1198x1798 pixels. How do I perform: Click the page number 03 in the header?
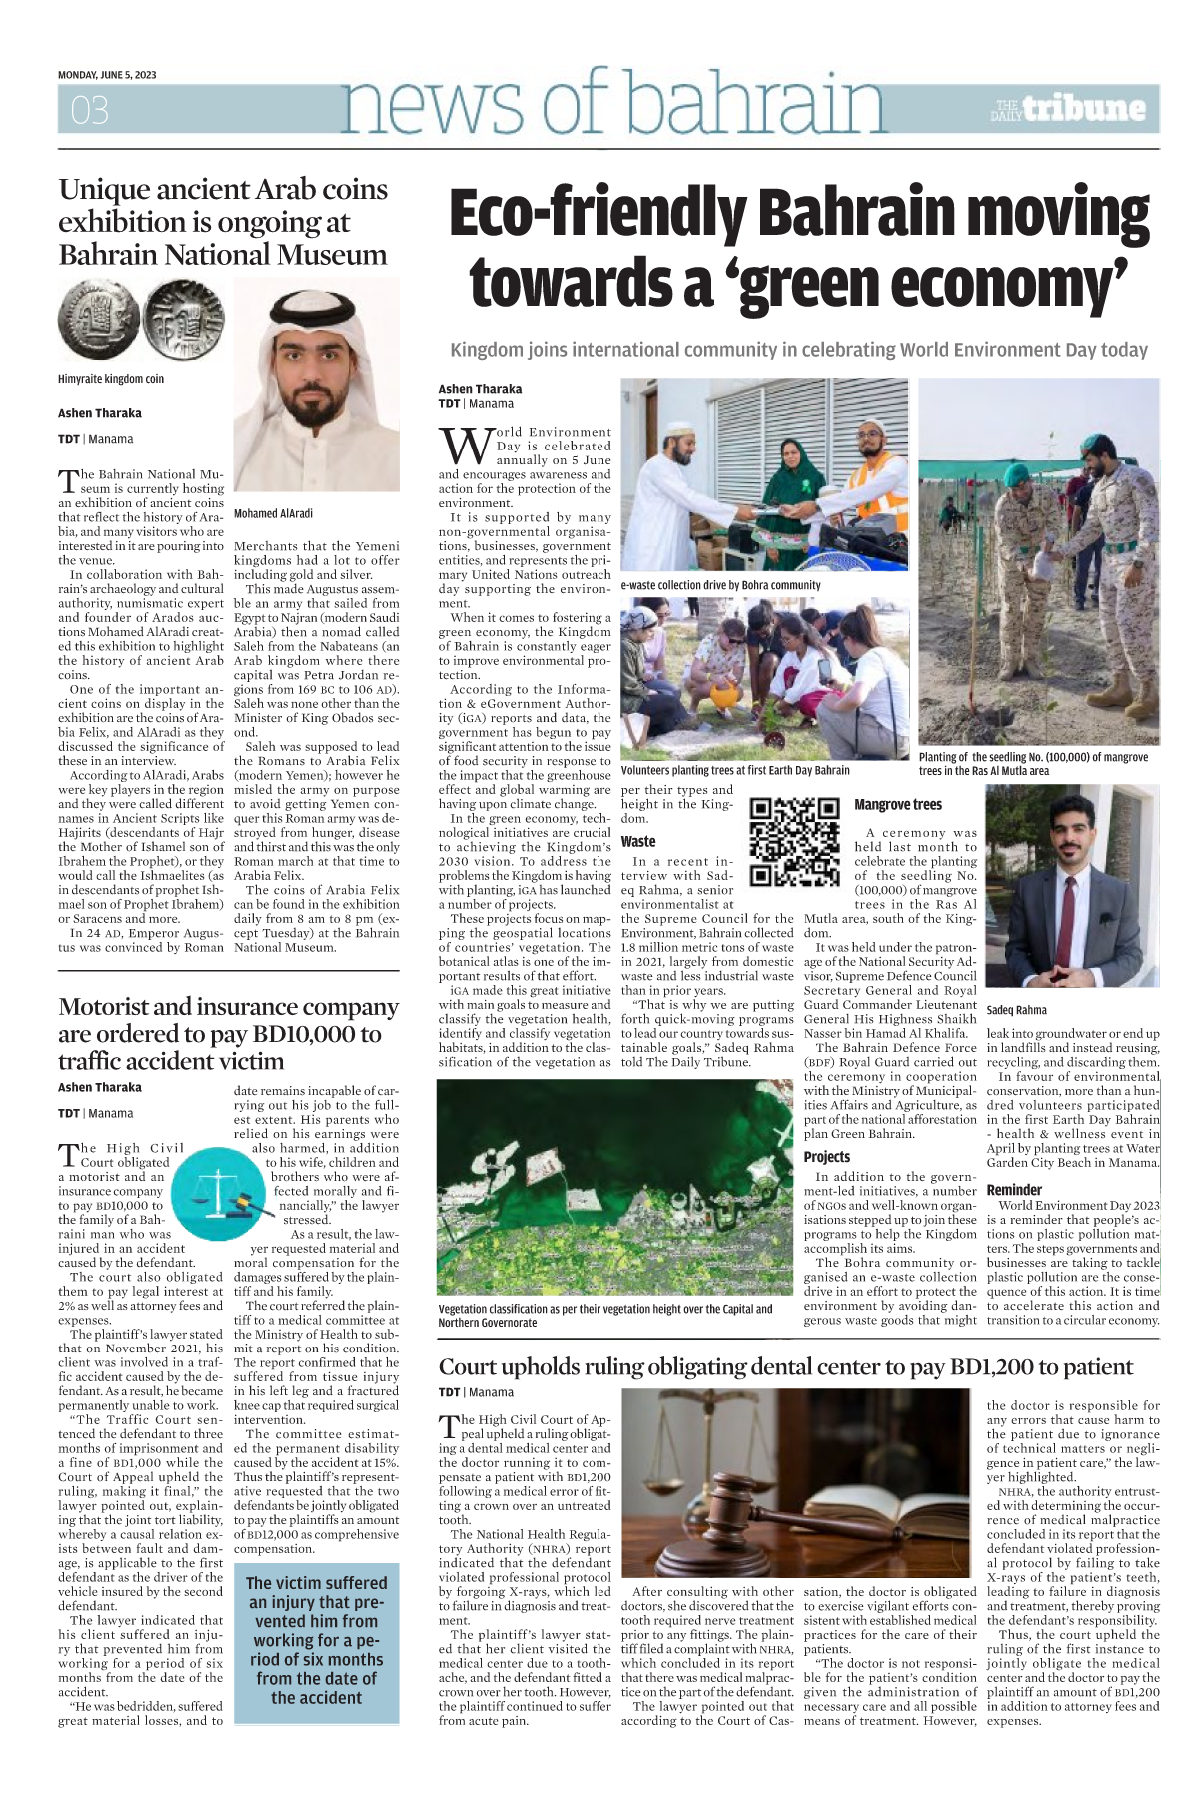[x=89, y=110]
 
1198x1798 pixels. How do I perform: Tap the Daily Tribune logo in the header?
[x=1068, y=109]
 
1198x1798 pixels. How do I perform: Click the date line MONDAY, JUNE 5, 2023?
[x=107, y=75]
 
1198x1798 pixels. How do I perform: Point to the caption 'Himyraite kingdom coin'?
[x=111, y=379]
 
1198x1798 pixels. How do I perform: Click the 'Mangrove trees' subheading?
[x=897, y=805]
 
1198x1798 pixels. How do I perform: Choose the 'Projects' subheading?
[x=826, y=1156]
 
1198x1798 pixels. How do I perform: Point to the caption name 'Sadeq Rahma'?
[x=1016, y=1010]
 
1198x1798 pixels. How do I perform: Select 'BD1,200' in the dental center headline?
[x=1086, y=1367]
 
